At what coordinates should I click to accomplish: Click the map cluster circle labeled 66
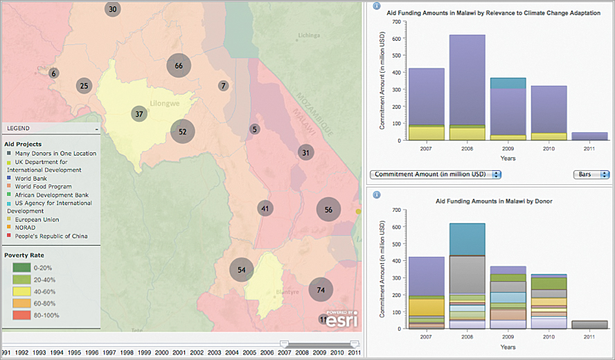(x=179, y=65)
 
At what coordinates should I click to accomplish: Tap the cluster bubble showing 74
(x=321, y=290)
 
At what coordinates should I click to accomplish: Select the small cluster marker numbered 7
(x=223, y=86)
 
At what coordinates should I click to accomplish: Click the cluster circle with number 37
(x=139, y=114)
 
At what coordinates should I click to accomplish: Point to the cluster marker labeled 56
(x=328, y=210)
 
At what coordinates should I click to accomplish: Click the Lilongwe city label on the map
(x=164, y=104)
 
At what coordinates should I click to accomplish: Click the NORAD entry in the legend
(x=25, y=228)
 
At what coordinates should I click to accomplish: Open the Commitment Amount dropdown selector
(x=436, y=174)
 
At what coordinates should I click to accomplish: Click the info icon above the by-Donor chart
(x=376, y=195)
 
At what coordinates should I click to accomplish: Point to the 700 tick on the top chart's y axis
(x=396, y=21)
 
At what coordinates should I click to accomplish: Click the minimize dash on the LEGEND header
(x=97, y=129)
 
